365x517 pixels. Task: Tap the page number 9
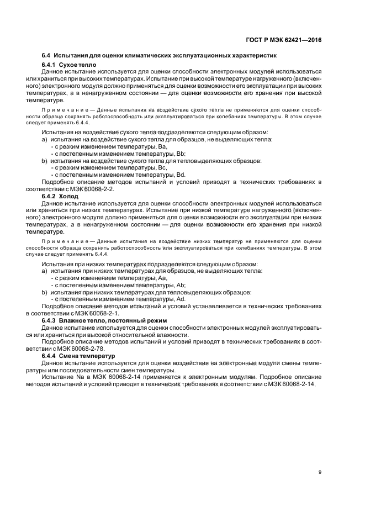pos(320,472)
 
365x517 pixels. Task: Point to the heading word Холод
pos(71,196)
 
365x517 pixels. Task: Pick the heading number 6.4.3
pos(51,321)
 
